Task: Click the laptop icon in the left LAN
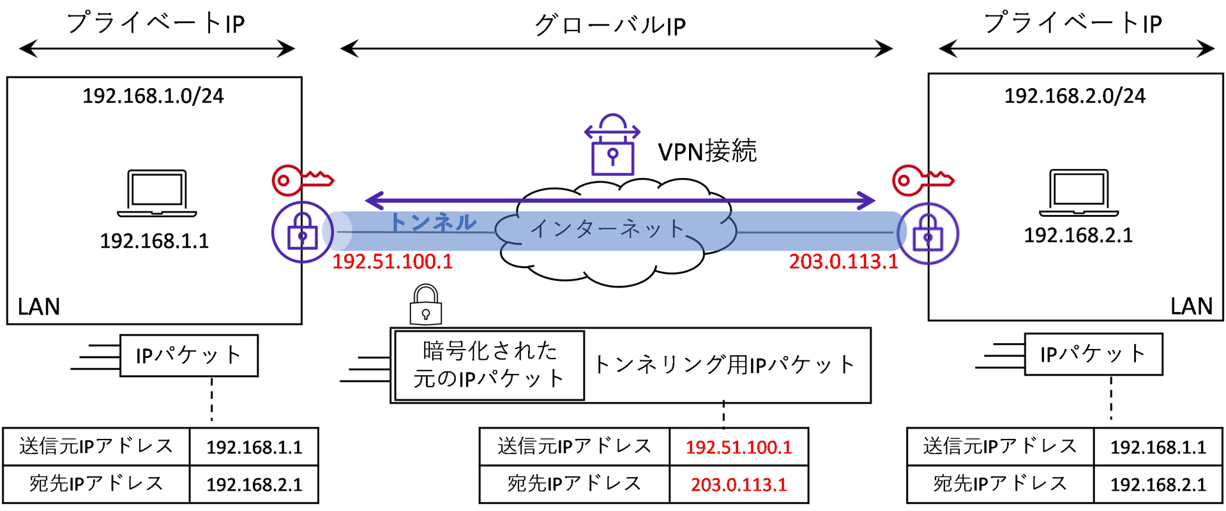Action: [x=156, y=193]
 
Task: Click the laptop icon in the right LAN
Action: [x=1078, y=193]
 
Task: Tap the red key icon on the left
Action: [x=301, y=180]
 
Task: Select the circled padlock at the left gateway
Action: [x=302, y=232]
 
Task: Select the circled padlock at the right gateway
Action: [x=928, y=233]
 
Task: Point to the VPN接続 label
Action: [x=707, y=151]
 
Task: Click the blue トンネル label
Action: [x=433, y=222]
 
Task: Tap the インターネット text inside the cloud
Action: [x=607, y=228]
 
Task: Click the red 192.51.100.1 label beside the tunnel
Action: [x=392, y=262]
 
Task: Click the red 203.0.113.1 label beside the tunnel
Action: [x=843, y=262]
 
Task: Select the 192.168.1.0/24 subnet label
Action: [x=153, y=96]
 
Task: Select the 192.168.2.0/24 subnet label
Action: [x=1075, y=96]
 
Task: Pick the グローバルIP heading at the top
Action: [x=610, y=26]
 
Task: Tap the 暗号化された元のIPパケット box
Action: [x=489, y=365]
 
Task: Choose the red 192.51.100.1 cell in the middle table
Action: [x=739, y=447]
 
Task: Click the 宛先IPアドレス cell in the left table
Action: [x=96, y=484]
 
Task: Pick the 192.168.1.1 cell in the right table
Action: [x=1158, y=447]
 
